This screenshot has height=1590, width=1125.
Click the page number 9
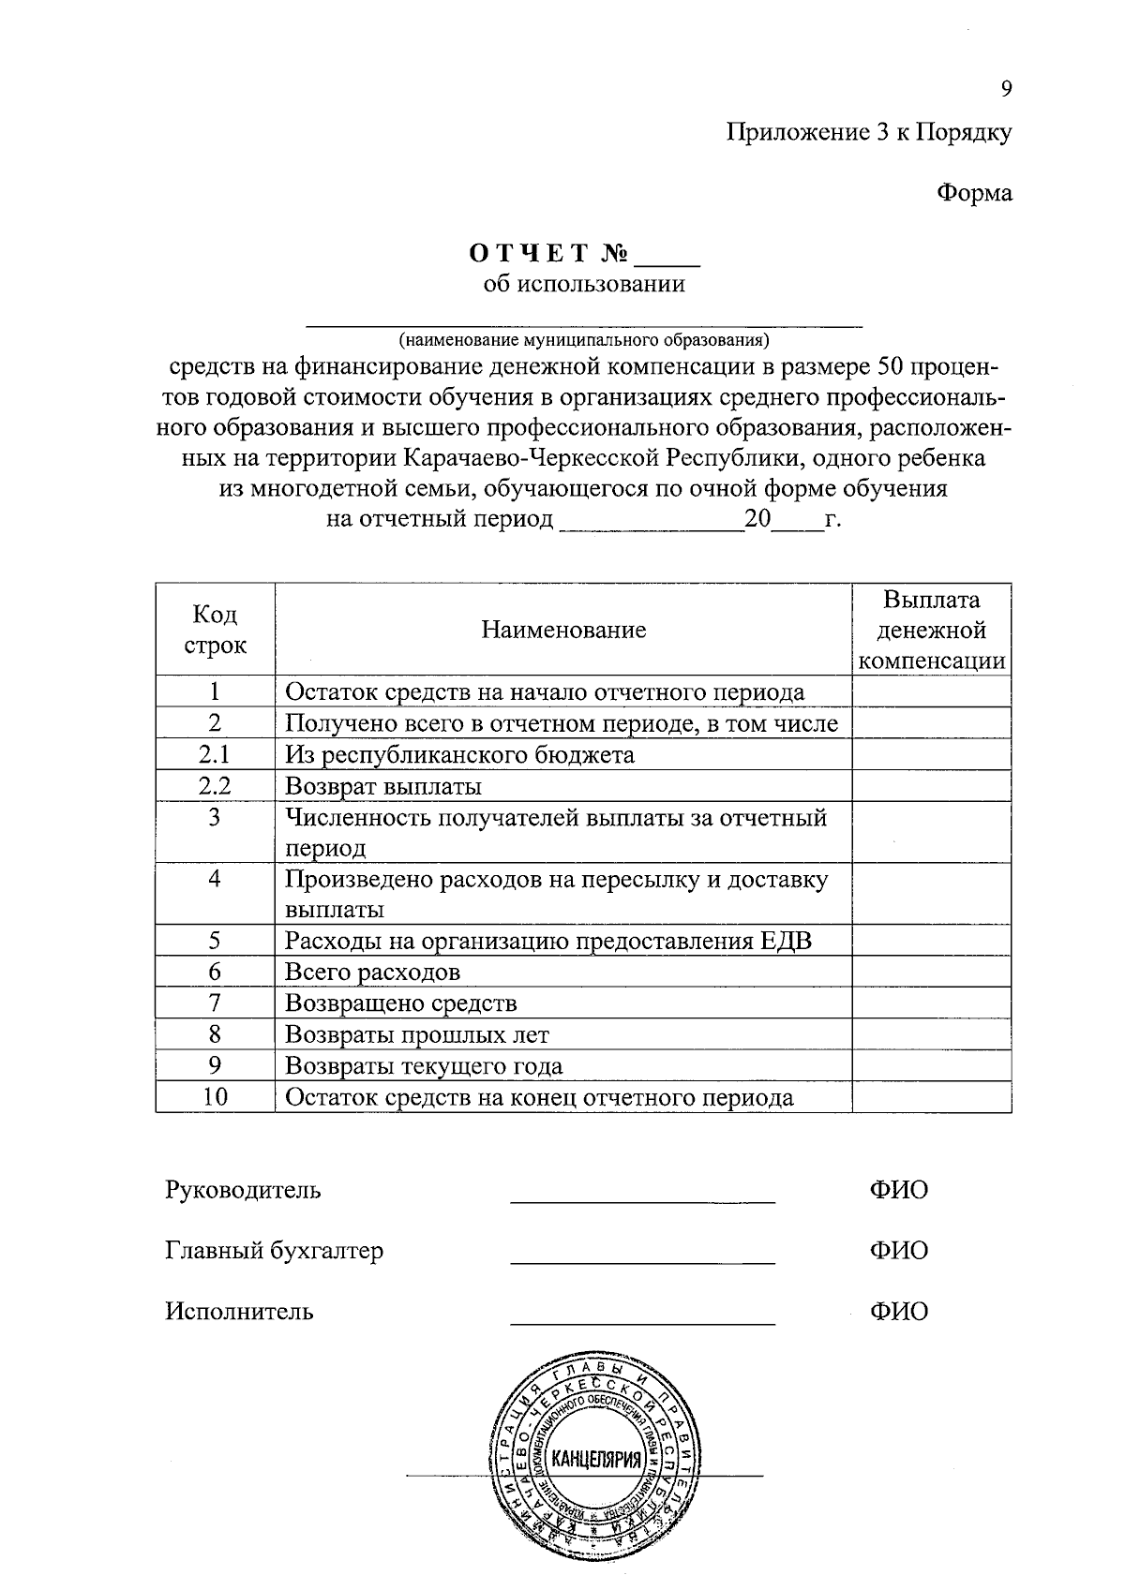(1006, 89)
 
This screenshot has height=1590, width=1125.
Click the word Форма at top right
(975, 193)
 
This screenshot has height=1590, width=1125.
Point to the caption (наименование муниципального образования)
(583, 337)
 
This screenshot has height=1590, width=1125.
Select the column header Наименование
(563, 630)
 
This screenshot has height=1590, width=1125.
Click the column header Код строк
(215, 630)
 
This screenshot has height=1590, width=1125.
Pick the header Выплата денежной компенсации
(932, 630)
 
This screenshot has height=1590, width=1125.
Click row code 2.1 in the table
(215, 754)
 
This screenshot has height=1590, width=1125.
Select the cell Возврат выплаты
(383, 786)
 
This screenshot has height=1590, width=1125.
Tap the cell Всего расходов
(372, 973)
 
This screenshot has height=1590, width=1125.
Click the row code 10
(215, 1097)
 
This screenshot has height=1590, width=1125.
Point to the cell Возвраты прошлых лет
(416, 1035)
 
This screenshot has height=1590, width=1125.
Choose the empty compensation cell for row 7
(932, 1003)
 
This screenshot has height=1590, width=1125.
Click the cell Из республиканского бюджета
(459, 754)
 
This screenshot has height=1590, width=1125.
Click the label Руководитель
(243, 1190)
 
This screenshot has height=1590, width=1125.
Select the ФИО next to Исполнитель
(898, 1311)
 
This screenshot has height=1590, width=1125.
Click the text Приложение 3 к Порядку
(869, 132)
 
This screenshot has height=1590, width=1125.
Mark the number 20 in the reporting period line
(757, 518)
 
